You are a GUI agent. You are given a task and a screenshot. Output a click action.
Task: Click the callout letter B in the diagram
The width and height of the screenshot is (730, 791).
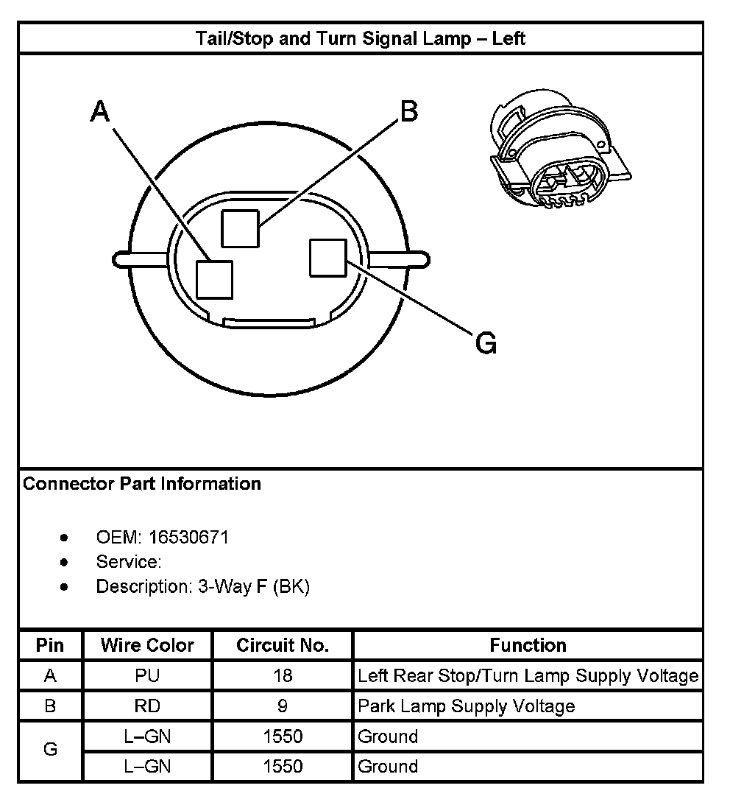tap(408, 110)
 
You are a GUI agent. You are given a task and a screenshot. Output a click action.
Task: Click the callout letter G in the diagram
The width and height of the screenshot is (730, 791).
tap(486, 342)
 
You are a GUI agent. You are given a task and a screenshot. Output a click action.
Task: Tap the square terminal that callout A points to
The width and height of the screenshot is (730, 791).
tap(215, 279)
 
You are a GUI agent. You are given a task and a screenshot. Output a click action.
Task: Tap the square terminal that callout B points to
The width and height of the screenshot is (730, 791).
tap(241, 228)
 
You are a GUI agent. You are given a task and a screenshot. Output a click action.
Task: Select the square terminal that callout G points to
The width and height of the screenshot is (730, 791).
tap(328, 258)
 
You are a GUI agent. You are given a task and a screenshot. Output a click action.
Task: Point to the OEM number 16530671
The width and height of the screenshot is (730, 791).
tap(188, 537)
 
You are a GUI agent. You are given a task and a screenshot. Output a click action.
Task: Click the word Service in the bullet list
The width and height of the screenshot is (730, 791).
tap(128, 562)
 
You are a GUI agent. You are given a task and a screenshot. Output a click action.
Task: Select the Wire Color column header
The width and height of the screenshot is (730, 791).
tap(147, 645)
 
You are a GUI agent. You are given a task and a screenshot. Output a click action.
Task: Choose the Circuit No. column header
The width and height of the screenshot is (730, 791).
tap(283, 645)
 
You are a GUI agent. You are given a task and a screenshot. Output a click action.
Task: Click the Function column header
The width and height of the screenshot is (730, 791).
tap(528, 645)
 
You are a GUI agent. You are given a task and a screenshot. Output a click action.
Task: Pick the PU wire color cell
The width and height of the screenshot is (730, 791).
tap(147, 675)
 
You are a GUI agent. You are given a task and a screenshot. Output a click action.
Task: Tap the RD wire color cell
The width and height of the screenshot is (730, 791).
tap(147, 706)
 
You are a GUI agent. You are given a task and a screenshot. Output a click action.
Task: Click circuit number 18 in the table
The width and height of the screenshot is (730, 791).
tap(283, 675)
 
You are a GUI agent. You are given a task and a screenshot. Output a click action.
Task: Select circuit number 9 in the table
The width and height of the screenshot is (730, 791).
tap(283, 706)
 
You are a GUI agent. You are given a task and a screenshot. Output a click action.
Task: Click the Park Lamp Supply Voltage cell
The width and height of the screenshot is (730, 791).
tap(466, 706)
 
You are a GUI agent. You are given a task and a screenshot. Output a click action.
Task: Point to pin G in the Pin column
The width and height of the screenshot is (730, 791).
tap(50, 750)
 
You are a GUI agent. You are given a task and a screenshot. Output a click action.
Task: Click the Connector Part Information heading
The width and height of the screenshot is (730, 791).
tap(142, 484)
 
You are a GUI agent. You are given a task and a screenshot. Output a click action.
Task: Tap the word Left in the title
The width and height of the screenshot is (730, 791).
tap(508, 38)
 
